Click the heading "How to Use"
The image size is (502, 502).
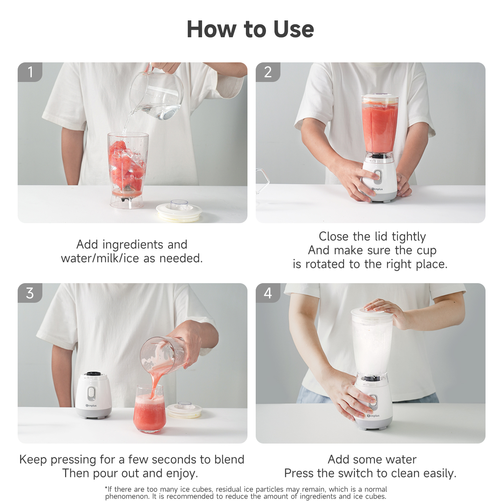[x=250, y=29]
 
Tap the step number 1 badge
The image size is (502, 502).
[x=30, y=72]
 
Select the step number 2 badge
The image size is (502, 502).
[x=268, y=72]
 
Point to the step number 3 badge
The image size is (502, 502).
[x=30, y=293]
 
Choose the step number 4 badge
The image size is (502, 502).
[x=268, y=293]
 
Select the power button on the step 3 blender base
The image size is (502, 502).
[x=91, y=393]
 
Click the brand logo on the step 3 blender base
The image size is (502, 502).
[x=91, y=406]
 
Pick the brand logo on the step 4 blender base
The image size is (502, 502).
[x=373, y=415]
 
